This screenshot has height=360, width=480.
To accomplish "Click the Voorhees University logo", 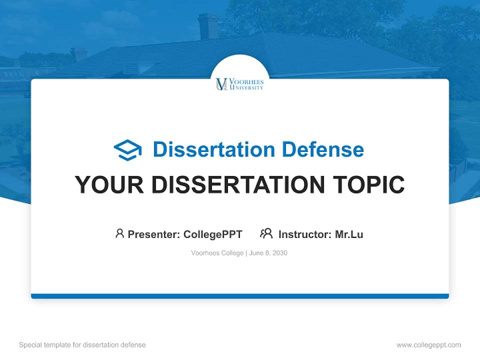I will click(239, 84).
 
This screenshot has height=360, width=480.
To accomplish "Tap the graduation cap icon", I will click(127, 150).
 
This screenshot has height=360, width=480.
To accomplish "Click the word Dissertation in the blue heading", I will click(213, 149).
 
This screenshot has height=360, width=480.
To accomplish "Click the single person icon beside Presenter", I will click(119, 233).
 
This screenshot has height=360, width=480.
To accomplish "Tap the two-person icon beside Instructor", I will click(266, 233).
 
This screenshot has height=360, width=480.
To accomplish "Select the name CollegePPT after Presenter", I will click(212, 234).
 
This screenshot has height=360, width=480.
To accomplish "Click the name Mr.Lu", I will click(349, 234).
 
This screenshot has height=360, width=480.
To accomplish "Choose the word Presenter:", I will click(154, 234).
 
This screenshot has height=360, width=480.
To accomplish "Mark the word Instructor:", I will click(304, 234).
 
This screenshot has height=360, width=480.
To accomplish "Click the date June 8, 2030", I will click(268, 253).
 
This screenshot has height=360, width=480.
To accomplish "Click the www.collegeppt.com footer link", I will click(428, 345).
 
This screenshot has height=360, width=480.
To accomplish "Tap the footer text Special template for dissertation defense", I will click(82, 345).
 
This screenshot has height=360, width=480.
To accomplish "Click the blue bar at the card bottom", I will click(240, 296).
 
